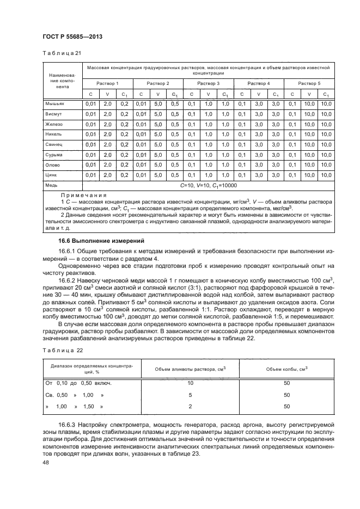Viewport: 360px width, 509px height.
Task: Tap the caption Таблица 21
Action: point(61,53)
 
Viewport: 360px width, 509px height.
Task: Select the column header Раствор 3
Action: point(208,83)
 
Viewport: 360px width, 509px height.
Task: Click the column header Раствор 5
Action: point(309,83)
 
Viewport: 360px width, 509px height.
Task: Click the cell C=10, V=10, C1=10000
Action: point(208,185)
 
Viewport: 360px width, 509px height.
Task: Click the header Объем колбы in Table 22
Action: point(286,369)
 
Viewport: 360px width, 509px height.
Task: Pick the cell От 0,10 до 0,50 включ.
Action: point(82,384)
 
